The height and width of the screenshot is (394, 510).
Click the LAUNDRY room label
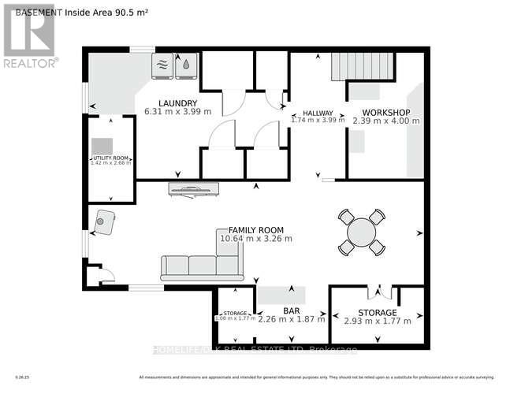(x=177, y=103)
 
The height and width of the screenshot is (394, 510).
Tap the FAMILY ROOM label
(x=255, y=229)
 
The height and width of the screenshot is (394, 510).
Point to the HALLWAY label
(x=318, y=113)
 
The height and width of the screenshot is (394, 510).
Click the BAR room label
(x=292, y=311)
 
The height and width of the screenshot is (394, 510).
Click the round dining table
(x=362, y=232)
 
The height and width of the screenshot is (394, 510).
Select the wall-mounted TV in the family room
(x=194, y=188)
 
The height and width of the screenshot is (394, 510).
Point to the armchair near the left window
(x=104, y=222)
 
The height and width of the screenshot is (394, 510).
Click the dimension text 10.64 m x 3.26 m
(x=256, y=239)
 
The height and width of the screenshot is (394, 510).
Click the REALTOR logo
(x=29, y=35)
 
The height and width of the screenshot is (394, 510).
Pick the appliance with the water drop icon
(x=186, y=66)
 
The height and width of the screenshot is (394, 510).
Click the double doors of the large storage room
(x=380, y=291)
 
